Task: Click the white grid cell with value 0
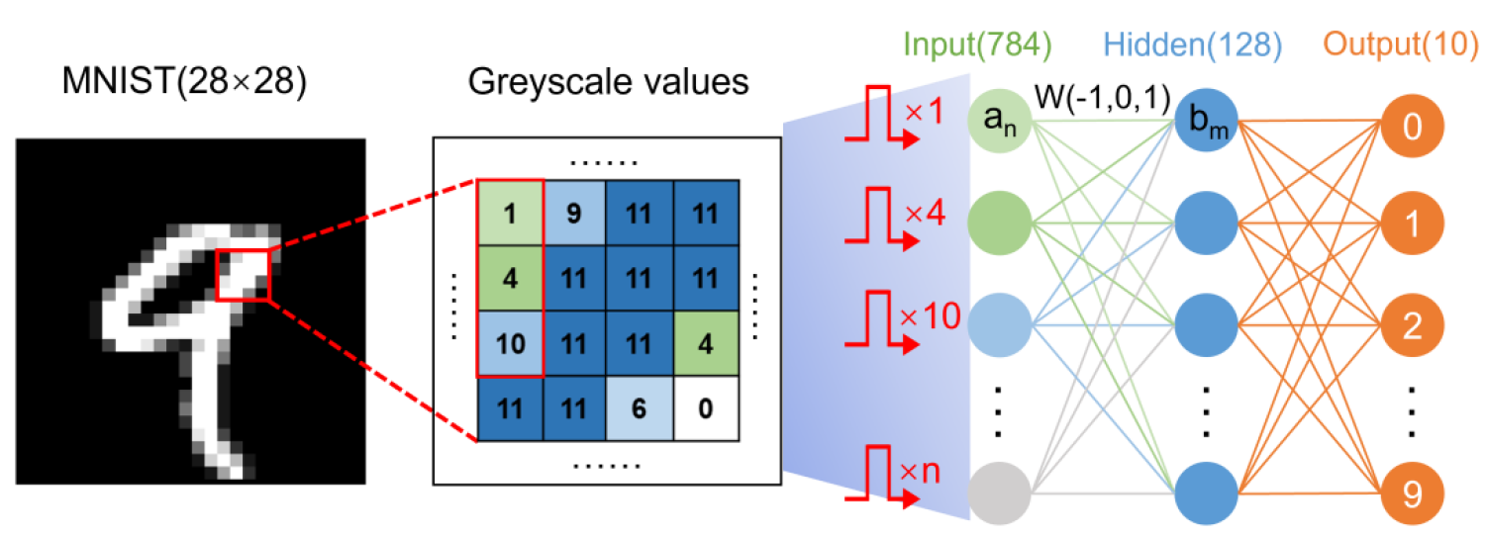[705, 407]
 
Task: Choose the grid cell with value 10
[510, 342]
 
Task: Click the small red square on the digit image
[243, 274]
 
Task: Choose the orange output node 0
[1412, 128]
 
